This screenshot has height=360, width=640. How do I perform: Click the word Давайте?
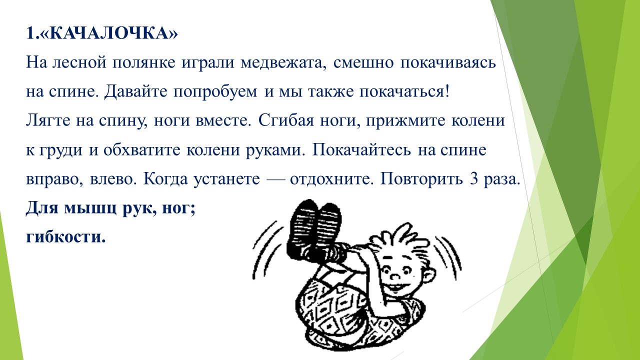(x=136, y=92)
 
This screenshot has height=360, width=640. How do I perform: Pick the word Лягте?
(x=48, y=120)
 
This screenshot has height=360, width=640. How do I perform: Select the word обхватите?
(x=141, y=149)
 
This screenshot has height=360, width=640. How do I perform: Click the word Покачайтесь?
(x=361, y=149)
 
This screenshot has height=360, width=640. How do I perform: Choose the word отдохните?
(x=332, y=179)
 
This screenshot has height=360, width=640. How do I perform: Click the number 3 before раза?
(x=473, y=179)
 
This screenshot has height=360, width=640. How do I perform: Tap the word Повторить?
(x=421, y=179)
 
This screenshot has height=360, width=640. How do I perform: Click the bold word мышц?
(x=90, y=208)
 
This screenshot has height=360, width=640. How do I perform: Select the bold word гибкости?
(x=65, y=237)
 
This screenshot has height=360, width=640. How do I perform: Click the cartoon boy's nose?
(x=395, y=276)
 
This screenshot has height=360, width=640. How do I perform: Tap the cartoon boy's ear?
(x=429, y=275)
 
